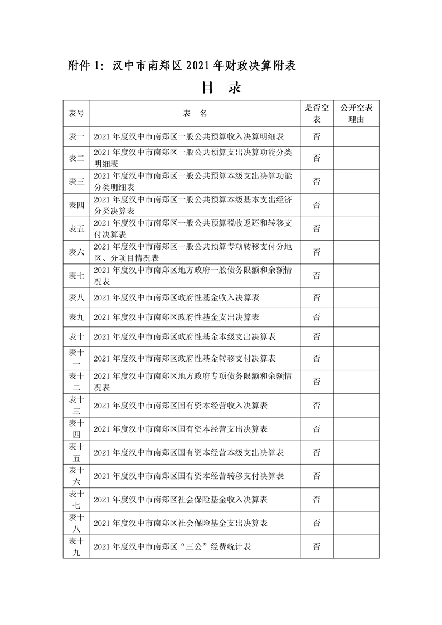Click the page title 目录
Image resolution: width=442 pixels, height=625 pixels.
(221, 88)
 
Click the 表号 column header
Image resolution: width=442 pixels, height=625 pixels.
(76, 114)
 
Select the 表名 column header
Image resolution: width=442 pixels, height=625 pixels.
(195, 114)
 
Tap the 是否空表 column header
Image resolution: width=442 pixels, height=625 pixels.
(317, 114)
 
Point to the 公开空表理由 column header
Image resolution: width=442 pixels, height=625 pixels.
(356, 114)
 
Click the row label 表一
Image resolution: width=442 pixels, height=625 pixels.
(76, 136)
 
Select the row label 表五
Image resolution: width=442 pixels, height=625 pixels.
(76, 229)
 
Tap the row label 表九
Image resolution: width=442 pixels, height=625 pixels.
(76, 317)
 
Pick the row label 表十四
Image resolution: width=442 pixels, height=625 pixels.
(76, 428)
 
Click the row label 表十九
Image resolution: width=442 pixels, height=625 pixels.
(76, 546)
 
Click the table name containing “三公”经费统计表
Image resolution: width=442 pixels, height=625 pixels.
(173, 546)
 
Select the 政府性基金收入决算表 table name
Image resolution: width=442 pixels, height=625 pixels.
(177, 297)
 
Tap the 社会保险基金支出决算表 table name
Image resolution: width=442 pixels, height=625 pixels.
(181, 523)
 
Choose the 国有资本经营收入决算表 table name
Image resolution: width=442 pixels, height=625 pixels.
(181, 405)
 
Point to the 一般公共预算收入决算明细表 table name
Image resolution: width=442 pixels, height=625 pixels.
(190, 136)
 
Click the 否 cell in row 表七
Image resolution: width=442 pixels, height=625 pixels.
(317, 276)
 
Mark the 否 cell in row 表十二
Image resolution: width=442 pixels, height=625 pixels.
(317, 382)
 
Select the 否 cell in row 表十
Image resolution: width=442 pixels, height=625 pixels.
(317, 336)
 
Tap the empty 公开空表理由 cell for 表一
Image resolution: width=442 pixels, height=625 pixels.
(356, 136)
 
